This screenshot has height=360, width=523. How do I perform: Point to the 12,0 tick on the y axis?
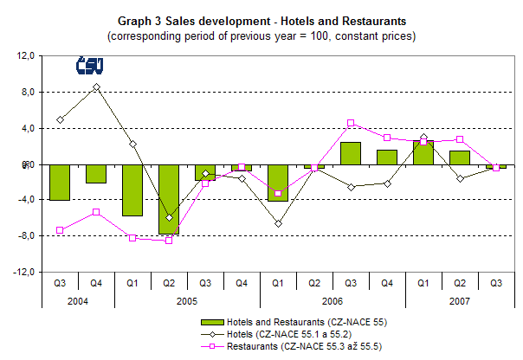(x=23, y=56)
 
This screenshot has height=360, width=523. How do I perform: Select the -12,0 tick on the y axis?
(x=22, y=272)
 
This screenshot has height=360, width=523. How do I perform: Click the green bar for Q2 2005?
(x=169, y=199)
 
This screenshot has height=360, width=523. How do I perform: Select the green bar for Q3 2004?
(x=60, y=182)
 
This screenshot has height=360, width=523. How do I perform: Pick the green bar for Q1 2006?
(x=278, y=182)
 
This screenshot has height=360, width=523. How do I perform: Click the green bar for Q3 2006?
(x=351, y=153)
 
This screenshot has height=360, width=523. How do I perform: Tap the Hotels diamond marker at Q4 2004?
(x=96, y=87)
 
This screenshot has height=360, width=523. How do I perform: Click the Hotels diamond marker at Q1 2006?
(x=278, y=224)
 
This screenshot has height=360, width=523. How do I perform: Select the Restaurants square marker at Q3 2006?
(x=351, y=123)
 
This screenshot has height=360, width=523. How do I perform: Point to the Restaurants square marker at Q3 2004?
(x=60, y=230)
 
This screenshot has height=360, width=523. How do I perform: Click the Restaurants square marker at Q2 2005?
(x=169, y=241)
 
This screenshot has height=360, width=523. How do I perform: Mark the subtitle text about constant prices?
(x=261, y=36)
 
